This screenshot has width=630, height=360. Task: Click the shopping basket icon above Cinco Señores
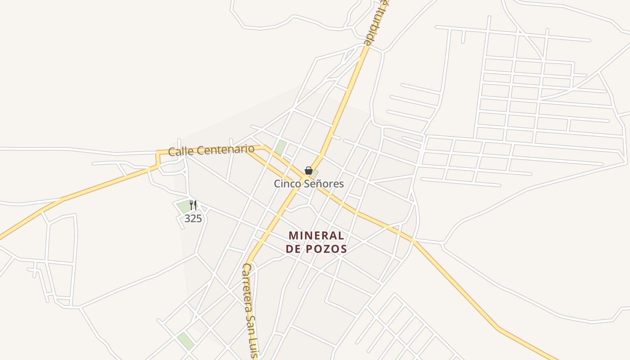309,171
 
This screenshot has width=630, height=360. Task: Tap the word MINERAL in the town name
316,235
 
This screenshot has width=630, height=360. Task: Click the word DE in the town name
293,249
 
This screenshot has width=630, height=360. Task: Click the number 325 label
193,219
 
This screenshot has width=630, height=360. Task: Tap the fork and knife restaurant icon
193,205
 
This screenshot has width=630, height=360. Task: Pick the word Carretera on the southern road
249,288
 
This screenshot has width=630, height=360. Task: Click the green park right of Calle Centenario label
281,147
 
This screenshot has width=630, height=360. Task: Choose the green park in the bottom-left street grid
185,341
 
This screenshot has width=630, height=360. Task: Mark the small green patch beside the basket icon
315,173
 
